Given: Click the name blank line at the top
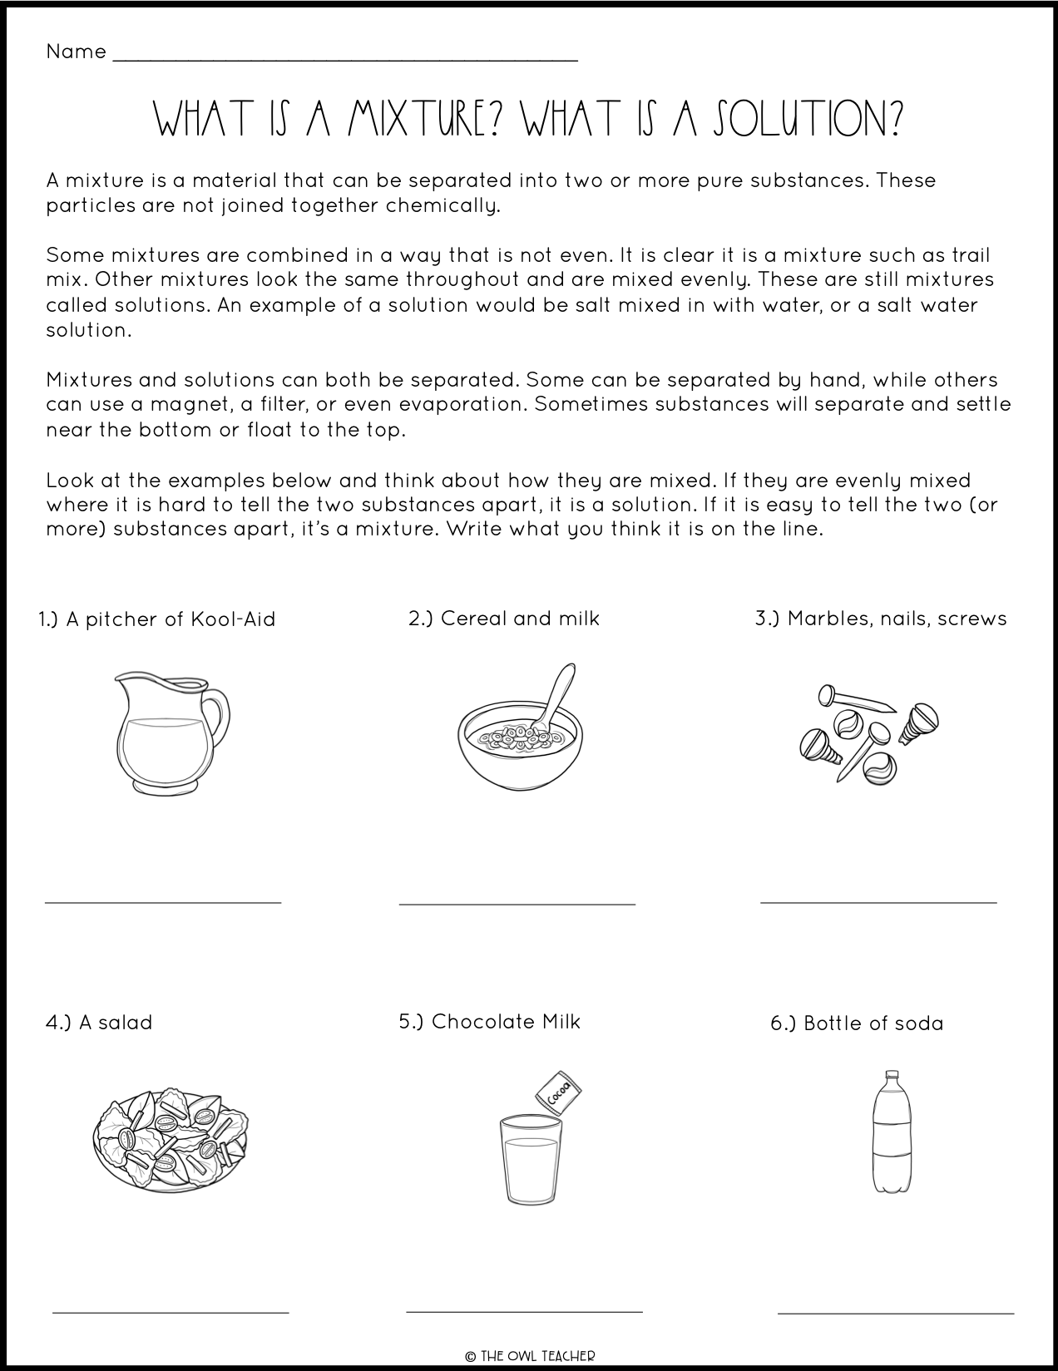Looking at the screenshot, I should [x=344, y=59].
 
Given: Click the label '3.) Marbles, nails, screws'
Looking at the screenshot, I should [x=880, y=619].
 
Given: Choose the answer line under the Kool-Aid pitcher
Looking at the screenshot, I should [x=163, y=900].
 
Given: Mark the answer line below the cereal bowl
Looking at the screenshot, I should [x=517, y=903].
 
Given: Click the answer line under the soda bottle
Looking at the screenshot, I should [x=895, y=1313].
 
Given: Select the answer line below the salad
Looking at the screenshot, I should [x=171, y=1312].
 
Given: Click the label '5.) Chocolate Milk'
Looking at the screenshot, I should [x=489, y=1022].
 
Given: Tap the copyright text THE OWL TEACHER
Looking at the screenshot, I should [x=529, y=1355].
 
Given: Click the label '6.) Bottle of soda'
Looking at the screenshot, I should [x=857, y=1023].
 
